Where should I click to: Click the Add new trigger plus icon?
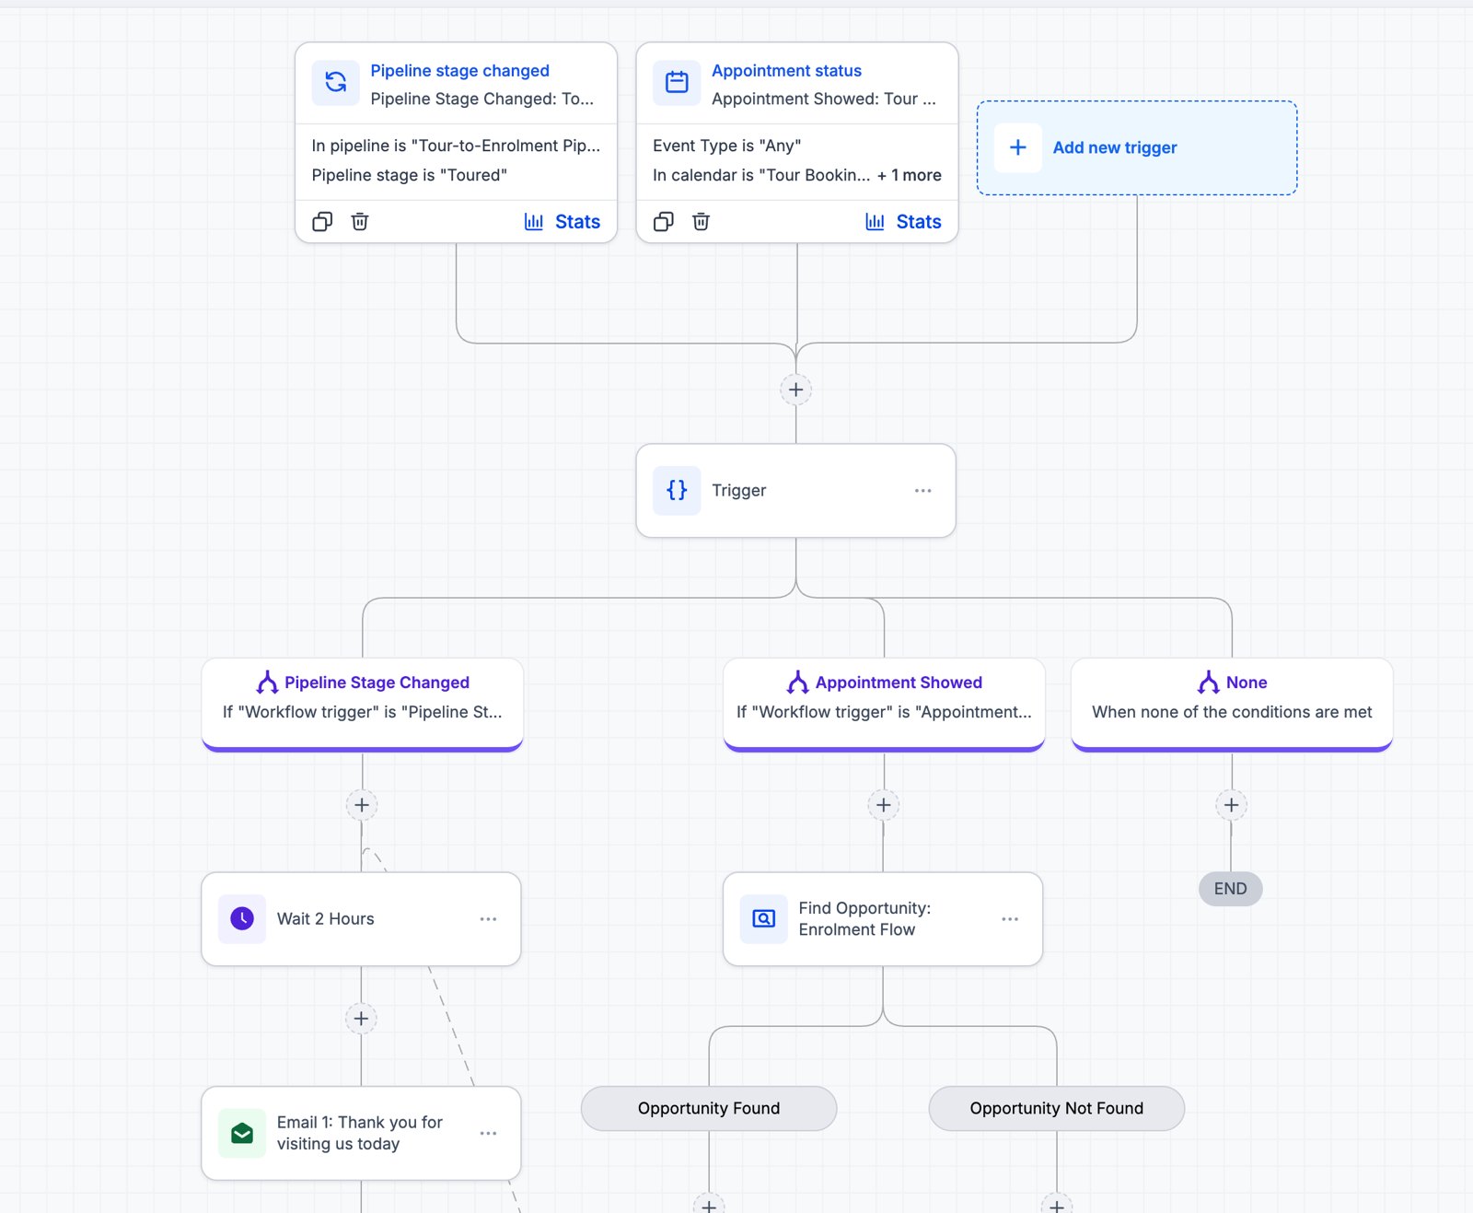coord(1017,147)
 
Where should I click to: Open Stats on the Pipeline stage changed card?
coord(563,221)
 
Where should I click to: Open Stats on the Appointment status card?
coord(903,221)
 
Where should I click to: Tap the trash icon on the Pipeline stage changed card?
coord(360,221)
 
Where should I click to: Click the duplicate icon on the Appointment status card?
coord(663,221)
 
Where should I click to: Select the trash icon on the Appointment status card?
coord(701,221)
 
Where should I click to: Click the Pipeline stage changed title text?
coord(459,71)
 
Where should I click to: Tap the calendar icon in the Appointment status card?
coord(676,83)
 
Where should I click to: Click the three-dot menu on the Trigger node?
coord(922,491)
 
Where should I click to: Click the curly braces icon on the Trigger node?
coord(677,491)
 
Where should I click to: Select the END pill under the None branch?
coord(1230,889)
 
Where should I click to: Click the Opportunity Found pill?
coord(709,1108)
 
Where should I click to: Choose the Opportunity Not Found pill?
coord(1056,1108)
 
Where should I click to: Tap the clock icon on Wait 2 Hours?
coord(241,919)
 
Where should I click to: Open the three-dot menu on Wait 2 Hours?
coord(488,919)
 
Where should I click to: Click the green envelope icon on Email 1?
coord(241,1133)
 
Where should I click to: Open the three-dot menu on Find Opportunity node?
coord(1010,919)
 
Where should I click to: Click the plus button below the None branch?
coord(1232,805)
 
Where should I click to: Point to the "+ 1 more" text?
coord(910,175)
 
